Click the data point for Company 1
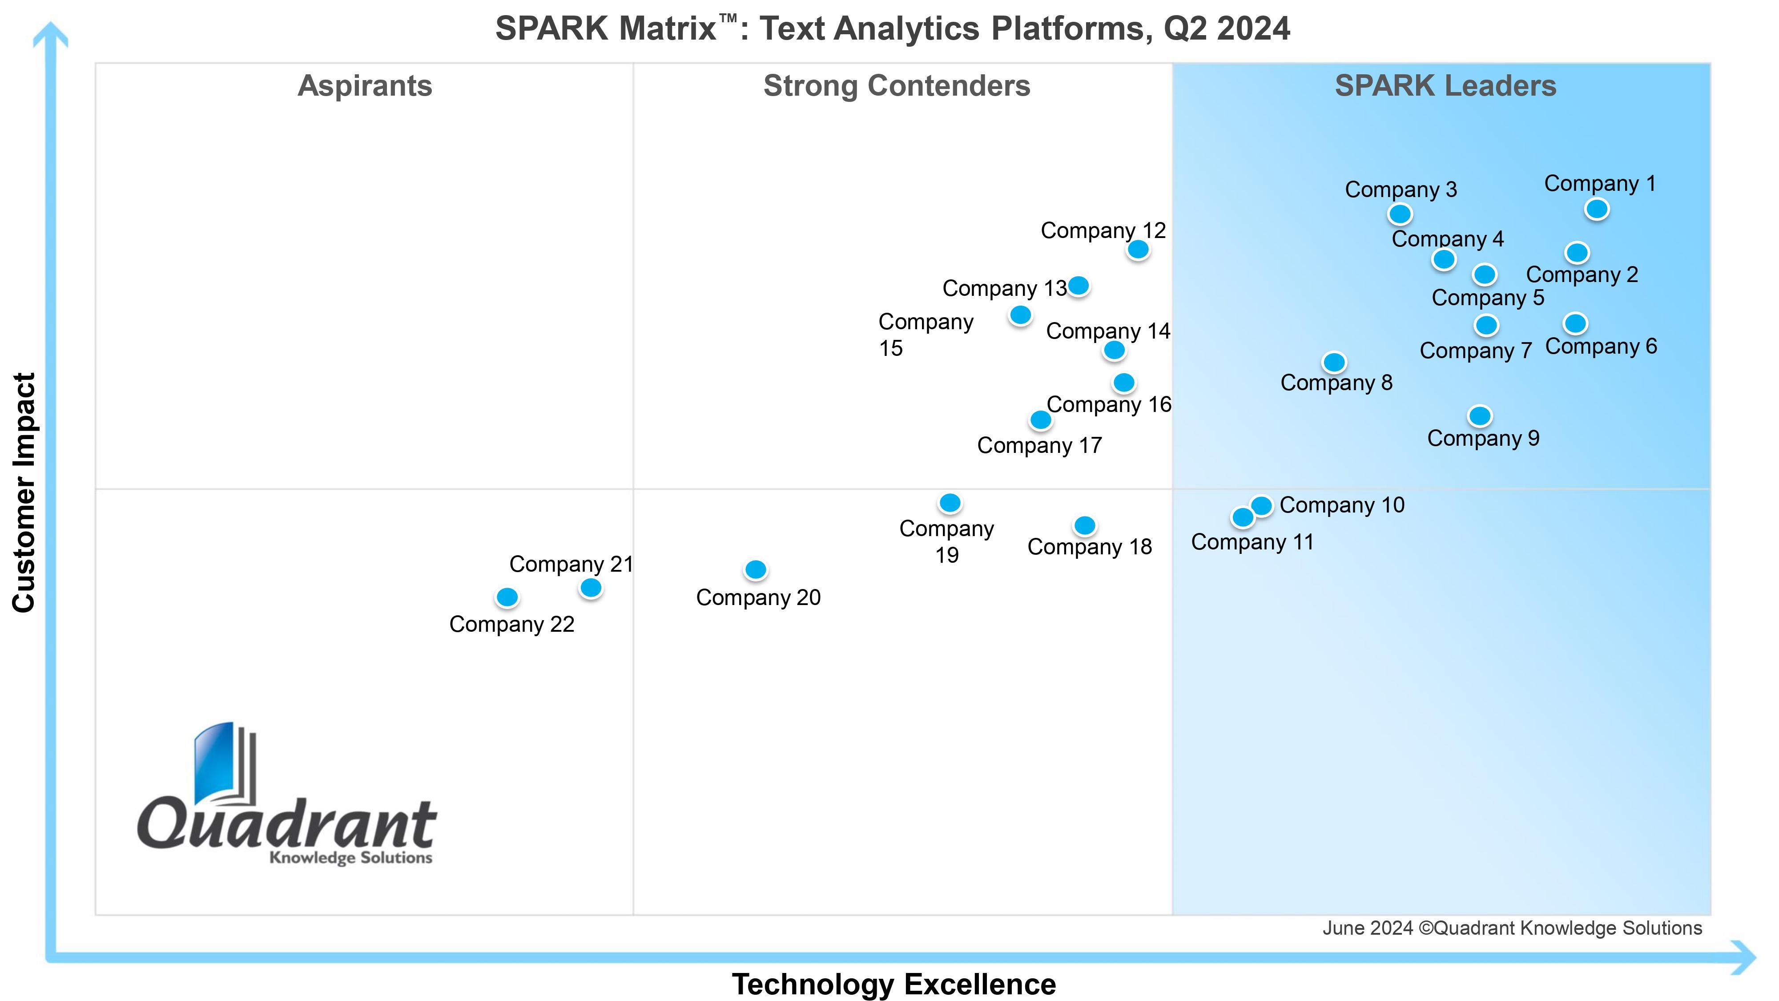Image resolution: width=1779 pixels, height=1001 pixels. click(1596, 209)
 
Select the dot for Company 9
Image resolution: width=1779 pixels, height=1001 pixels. click(1479, 416)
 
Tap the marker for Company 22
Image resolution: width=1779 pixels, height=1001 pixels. click(507, 597)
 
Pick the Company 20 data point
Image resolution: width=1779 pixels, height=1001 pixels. click(756, 570)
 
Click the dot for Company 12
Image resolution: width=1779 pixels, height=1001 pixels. click(1138, 250)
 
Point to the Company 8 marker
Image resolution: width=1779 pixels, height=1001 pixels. click(1334, 362)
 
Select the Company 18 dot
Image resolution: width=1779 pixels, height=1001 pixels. click(1085, 526)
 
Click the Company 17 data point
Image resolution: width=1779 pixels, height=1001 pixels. click(1041, 420)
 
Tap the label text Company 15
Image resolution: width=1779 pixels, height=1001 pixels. click(926, 335)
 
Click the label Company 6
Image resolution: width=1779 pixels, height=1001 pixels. click(1601, 346)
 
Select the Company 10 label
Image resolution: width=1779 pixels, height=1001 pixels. click(1342, 505)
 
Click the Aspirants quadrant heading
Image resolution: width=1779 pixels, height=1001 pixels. click(365, 86)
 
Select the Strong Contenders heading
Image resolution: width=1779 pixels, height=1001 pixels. click(897, 86)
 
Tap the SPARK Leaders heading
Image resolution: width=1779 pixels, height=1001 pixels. click(1445, 86)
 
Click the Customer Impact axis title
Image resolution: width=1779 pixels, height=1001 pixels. click(24, 492)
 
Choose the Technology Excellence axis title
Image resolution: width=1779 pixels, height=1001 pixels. click(894, 984)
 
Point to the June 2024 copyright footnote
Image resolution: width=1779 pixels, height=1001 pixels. click(1512, 928)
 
